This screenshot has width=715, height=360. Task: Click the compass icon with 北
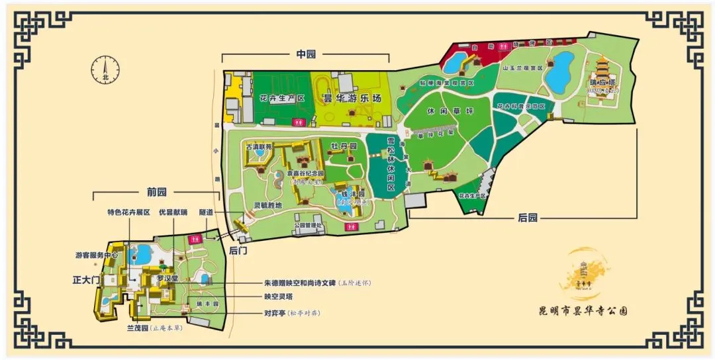(x=105, y=68)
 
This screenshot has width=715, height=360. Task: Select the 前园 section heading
(x=157, y=192)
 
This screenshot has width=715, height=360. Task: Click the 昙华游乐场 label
(x=352, y=98)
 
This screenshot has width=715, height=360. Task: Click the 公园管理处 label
(x=308, y=225)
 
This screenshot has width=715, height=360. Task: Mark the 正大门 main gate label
(x=85, y=280)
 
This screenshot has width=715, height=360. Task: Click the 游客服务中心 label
(x=97, y=254)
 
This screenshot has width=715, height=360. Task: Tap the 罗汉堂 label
(x=167, y=279)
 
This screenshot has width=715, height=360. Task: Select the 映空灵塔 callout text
(x=279, y=297)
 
